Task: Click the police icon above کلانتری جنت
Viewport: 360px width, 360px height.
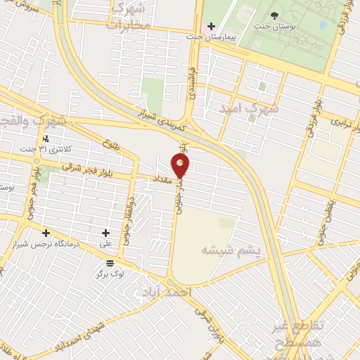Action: pos(46,138)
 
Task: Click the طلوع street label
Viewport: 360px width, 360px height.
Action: pos(110,146)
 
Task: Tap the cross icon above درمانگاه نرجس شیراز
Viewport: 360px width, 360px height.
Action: pos(46,233)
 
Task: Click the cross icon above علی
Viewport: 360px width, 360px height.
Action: pos(105,233)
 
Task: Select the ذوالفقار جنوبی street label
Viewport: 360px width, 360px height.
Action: pos(129,224)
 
